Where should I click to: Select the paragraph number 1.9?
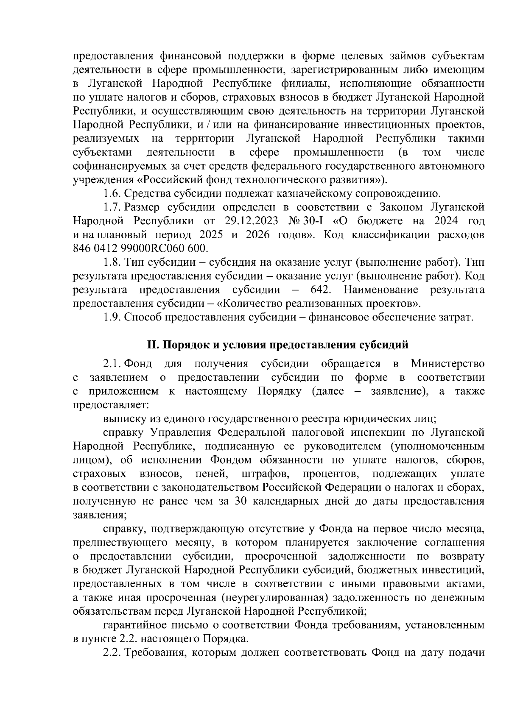click(x=112, y=318)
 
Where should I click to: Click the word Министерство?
click(x=447, y=364)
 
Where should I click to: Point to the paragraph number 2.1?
click(x=112, y=364)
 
